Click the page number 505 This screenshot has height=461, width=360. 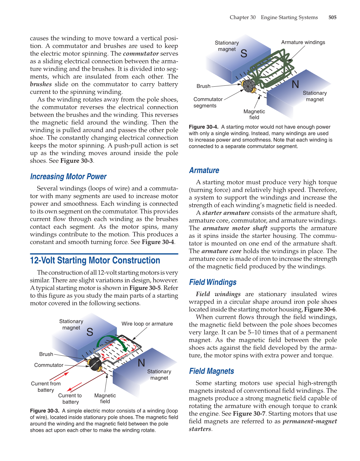click(332, 17)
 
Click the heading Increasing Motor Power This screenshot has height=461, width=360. click(68, 177)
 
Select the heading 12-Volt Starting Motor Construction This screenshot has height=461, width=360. click(95, 261)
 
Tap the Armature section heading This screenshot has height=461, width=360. click(204, 170)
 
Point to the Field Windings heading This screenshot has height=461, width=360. click(213, 282)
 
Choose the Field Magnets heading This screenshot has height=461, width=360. click(211, 371)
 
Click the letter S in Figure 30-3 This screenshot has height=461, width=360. click(90, 332)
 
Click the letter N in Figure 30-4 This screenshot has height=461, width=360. click(295, 84)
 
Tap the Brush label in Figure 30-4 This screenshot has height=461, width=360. click(203, 86)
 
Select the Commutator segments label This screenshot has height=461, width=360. click(208, 103)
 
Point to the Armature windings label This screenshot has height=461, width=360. click(303, 42)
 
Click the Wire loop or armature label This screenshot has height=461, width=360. click(147, 324)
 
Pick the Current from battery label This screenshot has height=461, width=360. click(46, 387)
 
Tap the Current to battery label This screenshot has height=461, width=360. click(70, 399)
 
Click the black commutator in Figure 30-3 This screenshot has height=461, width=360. click(95, 364)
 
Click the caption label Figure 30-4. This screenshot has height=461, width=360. click(203, 127)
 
